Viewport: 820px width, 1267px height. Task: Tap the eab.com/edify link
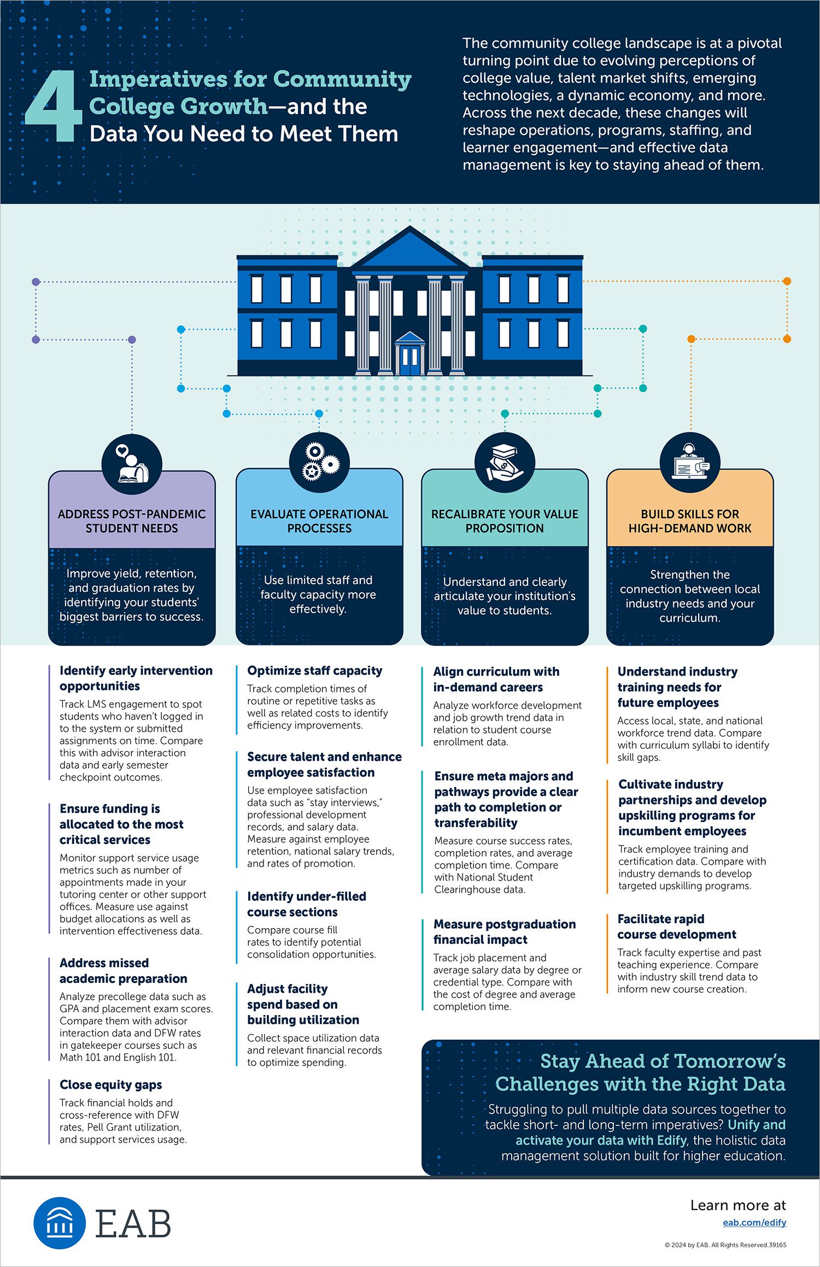(x=754, y=1222)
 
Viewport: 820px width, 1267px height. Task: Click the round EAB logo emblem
(x=60, y=1223)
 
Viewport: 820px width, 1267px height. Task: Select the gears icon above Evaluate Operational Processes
(x=319, y=462)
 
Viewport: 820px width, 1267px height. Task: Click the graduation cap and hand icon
(x=505, y=463)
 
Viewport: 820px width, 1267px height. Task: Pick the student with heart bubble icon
(x=132, y=464)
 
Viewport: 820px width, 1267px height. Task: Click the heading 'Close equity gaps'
(x=110, y=1084)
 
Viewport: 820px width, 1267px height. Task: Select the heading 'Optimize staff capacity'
(x=314, y=671)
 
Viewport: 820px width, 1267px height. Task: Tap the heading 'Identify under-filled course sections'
(x=307, y=904)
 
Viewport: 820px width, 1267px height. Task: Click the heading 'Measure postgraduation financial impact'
(x=505, y=932)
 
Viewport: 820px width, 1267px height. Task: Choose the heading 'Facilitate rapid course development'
(x=677, y=926)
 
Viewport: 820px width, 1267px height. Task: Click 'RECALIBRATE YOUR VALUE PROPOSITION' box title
(x=505, y=521)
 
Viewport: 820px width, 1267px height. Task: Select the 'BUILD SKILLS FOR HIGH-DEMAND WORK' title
(x=690, y=521)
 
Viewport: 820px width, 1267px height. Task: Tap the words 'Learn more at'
(x=738, y=1205)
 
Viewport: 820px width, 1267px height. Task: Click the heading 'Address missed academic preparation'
(x=124, y=971)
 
